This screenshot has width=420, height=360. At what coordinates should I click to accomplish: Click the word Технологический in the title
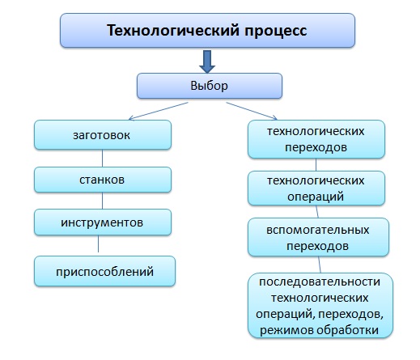(173, 30)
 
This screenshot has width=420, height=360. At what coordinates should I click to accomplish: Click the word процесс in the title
(276, 32)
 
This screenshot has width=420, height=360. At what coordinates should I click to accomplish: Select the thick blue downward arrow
(207, 61)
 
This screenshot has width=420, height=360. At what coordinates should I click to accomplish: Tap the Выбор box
(210, 86)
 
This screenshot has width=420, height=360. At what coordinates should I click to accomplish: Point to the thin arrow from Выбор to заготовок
(159, 111)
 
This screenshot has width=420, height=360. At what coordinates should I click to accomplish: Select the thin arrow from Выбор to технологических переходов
(252, 111)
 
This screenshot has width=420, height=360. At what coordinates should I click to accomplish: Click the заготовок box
(103, 135)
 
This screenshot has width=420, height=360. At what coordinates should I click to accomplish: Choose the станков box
(103, 180)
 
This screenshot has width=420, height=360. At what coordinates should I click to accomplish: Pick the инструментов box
(103, 222)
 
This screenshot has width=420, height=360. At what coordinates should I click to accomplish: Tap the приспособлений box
(104, 271)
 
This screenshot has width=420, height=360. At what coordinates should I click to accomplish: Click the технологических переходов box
(316, 139)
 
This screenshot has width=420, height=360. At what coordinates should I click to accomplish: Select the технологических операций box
(316, 188)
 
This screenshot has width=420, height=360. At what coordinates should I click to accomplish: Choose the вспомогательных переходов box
(318, 237)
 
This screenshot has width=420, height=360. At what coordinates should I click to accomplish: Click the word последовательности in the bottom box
(320, 282)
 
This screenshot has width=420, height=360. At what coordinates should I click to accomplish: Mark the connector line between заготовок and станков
(102, 159)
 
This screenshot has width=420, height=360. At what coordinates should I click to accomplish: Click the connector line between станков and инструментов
(102, 201)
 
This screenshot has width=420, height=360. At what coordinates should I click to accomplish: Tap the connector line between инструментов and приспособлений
(98, 244)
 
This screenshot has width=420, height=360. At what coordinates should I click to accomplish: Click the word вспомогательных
(318, 231)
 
